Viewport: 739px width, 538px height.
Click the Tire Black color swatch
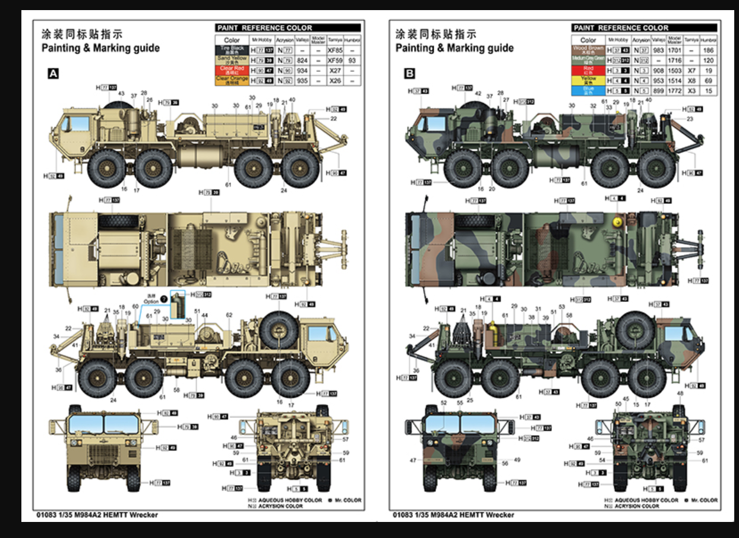pyautogui.click(x=232, y=51)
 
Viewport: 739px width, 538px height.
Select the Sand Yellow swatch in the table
pyautogui.click(x=232, y=60)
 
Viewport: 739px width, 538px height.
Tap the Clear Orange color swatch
pyautogui.click(x=232, y=80)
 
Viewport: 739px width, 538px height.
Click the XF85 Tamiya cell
pyautogui.click(x=335, y=51)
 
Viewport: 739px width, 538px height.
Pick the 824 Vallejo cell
pyautogui.click(x=302, y=60)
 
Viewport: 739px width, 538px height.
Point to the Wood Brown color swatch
pyautogui.click(x=588, y=51)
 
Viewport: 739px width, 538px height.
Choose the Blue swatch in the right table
pyautogui.click(x=588, y=90)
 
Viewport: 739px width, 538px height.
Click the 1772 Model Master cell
pyautogui.click(x=674, y=90)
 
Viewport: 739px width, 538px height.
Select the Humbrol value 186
pyautogui.click(x=708, y=51)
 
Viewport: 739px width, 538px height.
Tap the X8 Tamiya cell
pyautogui.click(x=691, y=80)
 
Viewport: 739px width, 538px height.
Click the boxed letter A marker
pyautogui.click(x=53, y=74)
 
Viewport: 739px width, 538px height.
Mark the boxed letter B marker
pyautogui.click(x=409, y=74)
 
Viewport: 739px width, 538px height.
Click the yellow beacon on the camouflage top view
pyautogui.click(x=617, y=221)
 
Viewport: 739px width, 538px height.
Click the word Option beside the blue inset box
pyautogui.click(x=151, y=302)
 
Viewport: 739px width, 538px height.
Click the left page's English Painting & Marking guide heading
pyautogui.click(x=100, y=48)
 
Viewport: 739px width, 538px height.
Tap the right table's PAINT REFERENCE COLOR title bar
pyautogui.click(x=645, y=28)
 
